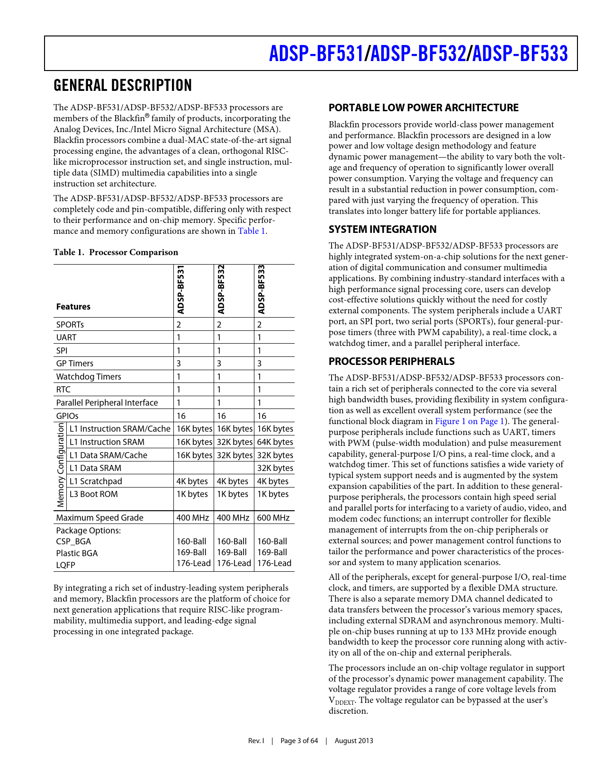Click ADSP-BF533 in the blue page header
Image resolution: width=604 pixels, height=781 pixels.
click(x=520, y=53)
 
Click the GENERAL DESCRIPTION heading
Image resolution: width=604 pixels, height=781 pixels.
click(x=123, y=86)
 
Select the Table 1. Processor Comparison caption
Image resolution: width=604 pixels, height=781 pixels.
click(x=116, y=252)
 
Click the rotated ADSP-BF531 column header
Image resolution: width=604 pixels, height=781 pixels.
click(x=180, y=290)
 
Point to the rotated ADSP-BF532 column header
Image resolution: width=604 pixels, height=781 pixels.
click(x=221, y=290)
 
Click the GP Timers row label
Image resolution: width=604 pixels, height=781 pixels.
click(x=75, y=364)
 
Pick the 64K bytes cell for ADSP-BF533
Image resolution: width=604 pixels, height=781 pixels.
click(x=275, y=442)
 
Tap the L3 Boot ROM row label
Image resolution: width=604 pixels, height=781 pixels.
click(x=93, y=494)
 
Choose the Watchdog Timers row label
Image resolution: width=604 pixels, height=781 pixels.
click(x=89, y=377)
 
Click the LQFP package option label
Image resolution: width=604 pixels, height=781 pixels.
click(x=66, y=565)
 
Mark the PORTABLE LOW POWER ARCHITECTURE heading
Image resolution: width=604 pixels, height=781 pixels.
click(x=424, y=108)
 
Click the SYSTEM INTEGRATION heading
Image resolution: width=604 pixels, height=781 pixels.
click(x=382, y=230)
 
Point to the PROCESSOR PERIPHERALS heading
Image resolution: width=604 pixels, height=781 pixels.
click(x=391, y=362)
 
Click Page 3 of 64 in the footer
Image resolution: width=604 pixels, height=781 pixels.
click(x=299, y=741)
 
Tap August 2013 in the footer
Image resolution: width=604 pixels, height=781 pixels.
click(x=354, y=741)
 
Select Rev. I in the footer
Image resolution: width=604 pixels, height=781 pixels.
click(x=256, y=741)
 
